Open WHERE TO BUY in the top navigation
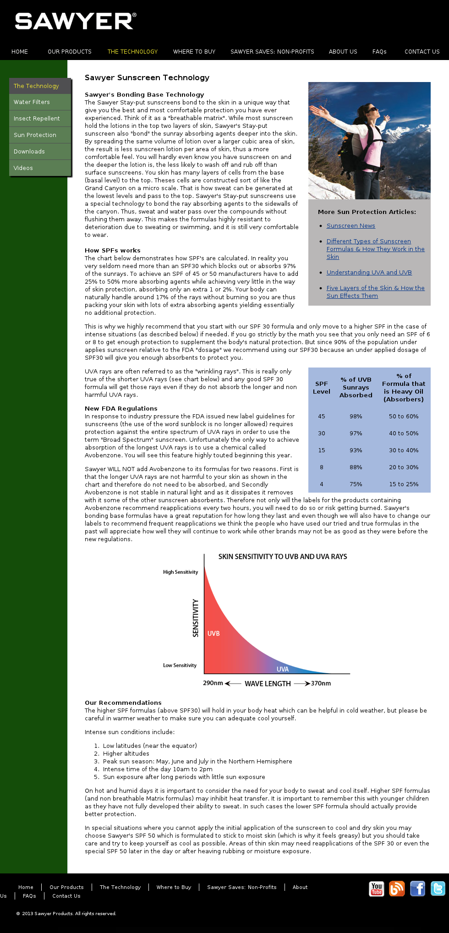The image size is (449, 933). coord(194,52)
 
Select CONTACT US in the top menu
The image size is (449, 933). coord(422,52)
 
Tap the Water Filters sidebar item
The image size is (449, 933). coord(32,102)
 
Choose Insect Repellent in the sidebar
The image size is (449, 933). coord(37,119)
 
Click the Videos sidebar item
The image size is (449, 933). coord(23,168)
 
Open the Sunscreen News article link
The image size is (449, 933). coord(350,226)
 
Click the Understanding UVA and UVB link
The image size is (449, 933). coord(369,273)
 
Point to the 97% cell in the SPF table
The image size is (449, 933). coord(356,434)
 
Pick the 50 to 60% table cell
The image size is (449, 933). coord(404,417)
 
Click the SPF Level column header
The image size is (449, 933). coord(321,388)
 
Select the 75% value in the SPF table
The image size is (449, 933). coord(356,484)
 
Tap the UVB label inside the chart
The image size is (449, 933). coord(214,634)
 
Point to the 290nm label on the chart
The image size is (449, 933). coord(213,683)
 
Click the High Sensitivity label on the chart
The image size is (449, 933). coord(181,572)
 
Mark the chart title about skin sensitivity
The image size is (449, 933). coord(282,557)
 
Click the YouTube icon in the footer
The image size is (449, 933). coord(377,889)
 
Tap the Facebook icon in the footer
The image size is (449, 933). coord(417,889)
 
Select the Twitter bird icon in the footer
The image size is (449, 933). coord(438,889)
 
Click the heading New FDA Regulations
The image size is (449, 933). coord(121,409)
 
